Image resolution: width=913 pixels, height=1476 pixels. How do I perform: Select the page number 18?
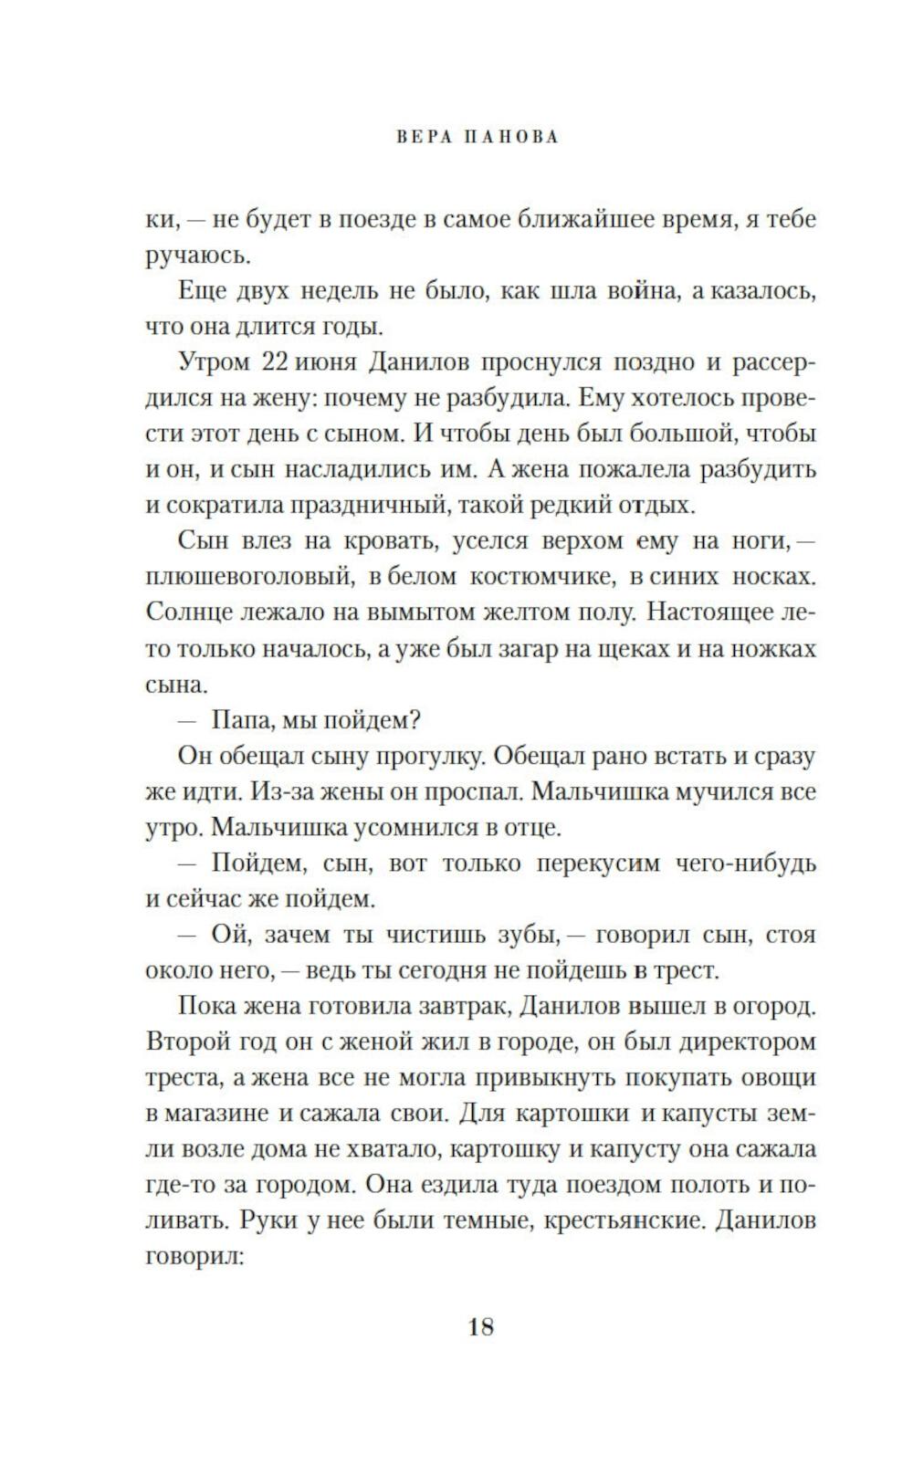[481, 1326]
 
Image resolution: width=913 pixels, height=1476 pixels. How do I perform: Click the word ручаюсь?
[198, 256]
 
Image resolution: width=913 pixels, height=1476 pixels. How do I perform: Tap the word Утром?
[214, 361]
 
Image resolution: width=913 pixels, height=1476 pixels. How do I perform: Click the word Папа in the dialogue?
[239, 720]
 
